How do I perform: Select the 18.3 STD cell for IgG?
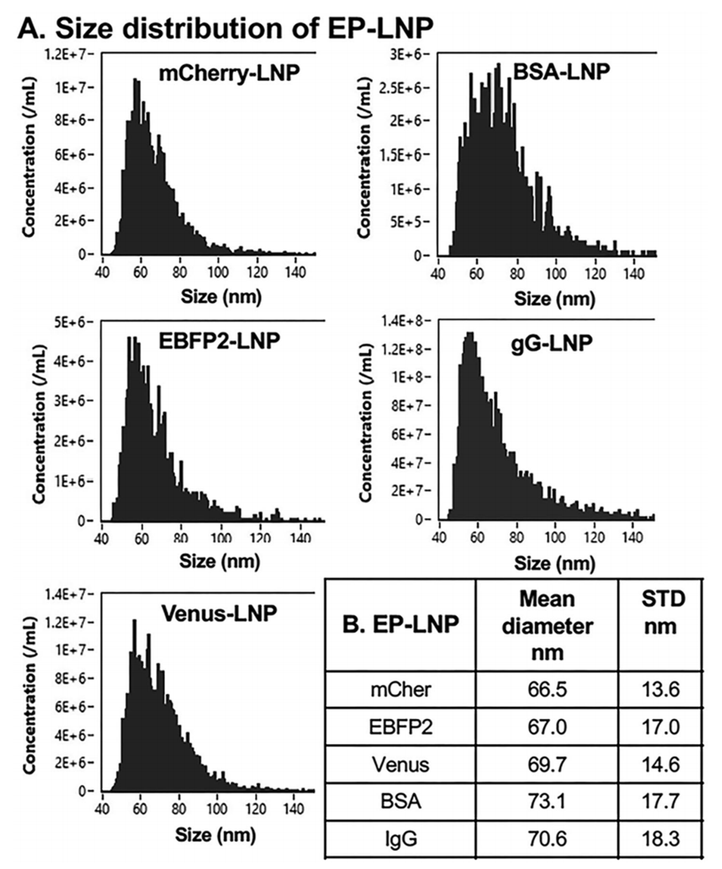(x=661, y=838)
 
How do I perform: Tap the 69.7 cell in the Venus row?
(x=546, y=765)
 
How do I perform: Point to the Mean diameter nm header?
(x=546, y=627)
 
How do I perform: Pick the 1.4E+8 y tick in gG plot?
(x=408, y=321)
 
